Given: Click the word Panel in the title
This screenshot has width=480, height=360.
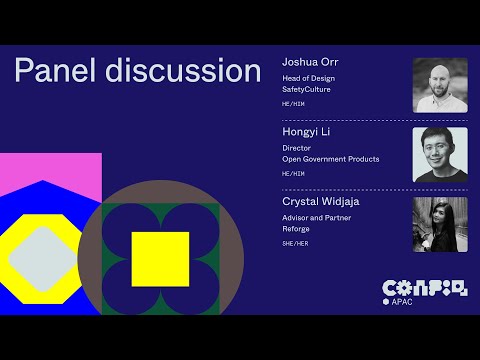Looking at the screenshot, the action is [55, 70].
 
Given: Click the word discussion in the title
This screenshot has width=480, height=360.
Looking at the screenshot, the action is [183, 70].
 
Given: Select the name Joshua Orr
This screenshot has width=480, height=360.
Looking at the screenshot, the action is [310, 62].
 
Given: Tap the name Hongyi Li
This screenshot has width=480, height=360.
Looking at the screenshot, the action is [306, 132].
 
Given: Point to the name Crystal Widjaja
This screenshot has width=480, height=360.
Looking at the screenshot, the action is [321, 202].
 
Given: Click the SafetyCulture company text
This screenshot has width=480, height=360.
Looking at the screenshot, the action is [306, 89].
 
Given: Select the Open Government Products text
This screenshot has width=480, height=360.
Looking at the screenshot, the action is [331, 159].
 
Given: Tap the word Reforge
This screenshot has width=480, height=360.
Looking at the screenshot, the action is [296, 229].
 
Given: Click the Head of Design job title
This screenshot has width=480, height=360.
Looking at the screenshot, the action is [308, 78].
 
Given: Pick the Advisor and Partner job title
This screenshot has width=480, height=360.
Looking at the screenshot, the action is [316, 218].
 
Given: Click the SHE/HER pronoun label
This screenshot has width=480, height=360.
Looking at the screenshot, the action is [295, 244].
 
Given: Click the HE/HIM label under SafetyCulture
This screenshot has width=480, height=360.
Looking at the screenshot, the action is [293, 104].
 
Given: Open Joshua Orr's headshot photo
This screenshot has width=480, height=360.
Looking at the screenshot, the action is [440, 85].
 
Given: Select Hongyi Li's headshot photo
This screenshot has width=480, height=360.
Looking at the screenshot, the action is [440, 155].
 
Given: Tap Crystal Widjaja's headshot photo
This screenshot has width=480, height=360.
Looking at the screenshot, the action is [440, 225].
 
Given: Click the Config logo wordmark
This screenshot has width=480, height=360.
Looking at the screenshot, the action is [425, 289].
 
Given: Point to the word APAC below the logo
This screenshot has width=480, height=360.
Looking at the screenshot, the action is [402, 302].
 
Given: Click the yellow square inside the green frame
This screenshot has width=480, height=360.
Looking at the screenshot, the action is [160, 259].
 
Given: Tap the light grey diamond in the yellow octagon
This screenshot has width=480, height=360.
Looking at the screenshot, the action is [43, 259].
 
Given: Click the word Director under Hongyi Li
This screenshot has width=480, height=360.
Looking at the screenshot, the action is [296, 148].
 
